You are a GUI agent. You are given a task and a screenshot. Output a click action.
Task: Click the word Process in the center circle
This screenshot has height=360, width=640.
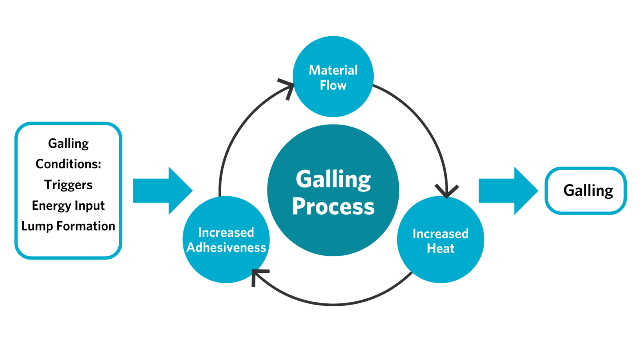(333, 206)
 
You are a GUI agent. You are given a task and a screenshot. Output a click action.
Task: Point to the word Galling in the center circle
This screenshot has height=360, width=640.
(333, 180)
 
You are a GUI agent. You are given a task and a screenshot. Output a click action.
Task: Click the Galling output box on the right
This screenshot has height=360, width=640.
(586, 190)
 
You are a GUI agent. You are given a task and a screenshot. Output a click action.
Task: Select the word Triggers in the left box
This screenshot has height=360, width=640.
(68, 185)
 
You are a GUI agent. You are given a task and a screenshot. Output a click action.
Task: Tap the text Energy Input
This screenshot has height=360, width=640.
(68, 205)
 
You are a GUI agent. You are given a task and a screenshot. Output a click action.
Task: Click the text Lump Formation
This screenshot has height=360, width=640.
(68, 226)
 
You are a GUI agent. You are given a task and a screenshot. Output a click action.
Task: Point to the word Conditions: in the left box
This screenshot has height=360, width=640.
(68, 164)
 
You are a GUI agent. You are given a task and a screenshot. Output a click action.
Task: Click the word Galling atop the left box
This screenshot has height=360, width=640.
(68, 143)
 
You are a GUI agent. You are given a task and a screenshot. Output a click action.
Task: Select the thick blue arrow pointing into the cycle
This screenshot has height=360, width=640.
(162, 190)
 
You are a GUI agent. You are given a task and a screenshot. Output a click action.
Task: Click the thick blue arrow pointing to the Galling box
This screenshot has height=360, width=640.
(508, 190)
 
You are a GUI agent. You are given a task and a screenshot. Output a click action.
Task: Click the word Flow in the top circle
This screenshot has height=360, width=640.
(333, 85)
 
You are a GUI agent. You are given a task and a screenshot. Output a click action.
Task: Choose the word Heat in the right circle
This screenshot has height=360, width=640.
(440, 248)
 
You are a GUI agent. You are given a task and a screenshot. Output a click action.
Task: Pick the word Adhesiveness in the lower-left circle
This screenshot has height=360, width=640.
(226, 247)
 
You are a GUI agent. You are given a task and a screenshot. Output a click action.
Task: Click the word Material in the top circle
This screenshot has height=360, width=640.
(333, 70)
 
